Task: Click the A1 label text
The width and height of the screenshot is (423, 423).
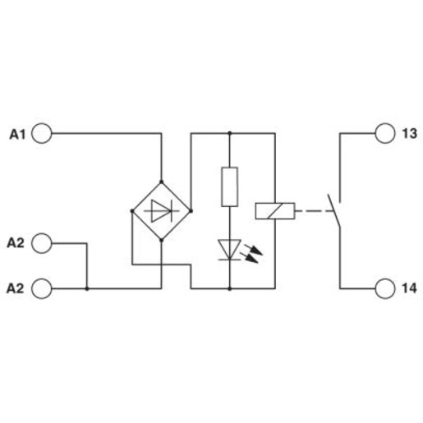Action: (17, 135)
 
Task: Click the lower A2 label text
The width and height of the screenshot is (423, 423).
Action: (16, 288)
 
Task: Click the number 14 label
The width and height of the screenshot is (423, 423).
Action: (409, 288)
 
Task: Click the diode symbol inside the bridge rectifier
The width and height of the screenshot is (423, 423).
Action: (162, 211)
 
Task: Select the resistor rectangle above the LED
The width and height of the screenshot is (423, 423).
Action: (229, 186)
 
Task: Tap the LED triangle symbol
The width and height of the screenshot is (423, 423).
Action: (229, 250)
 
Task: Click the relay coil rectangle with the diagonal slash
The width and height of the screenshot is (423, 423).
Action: (275, 211)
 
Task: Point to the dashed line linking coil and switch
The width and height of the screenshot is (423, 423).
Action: (315, 211)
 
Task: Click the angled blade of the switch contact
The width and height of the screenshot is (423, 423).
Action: (334, 211)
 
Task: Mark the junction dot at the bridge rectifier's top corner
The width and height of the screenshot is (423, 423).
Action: (161, 182)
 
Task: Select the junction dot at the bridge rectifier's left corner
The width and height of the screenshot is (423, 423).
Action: (132, 211)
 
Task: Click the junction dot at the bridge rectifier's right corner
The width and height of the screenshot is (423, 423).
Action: (191, 211)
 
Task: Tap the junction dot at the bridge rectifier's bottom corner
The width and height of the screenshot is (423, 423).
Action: (161, 240)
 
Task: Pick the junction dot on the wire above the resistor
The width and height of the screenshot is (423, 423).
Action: (230, 133)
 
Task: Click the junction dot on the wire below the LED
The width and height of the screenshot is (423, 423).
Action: (230, 288)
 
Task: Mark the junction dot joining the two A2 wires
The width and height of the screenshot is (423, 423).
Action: (87, 288)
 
